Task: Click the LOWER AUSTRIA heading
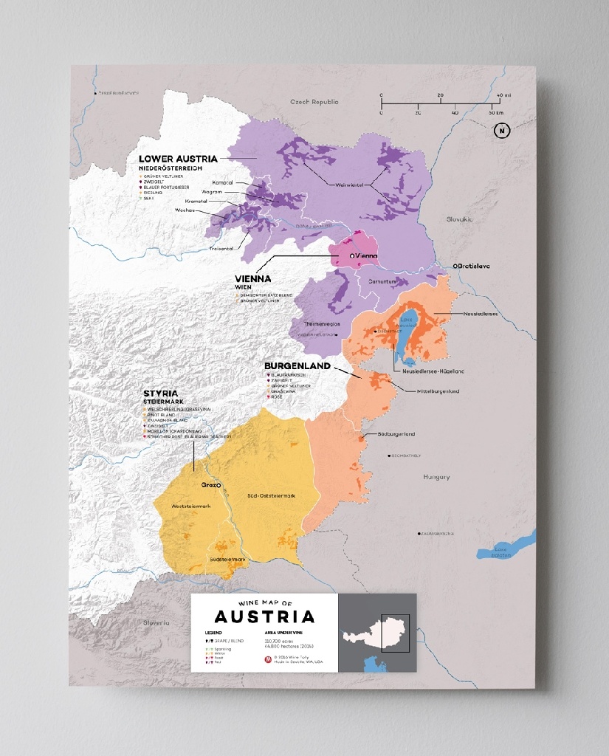click(x=178, y=159)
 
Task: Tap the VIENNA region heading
click(x=254, y=279)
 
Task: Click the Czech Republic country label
click(x=314, y=102)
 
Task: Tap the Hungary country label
click(x=436, y=477)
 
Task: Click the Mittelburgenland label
click(x=438, y=391)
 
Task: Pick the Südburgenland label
click(x=396, y=434)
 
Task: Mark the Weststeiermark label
click(x=191, y=506)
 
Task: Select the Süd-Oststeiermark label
click(x=270, y=495)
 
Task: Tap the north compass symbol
click(x=502, y=131)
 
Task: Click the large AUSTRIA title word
click(x=264, y=616)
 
